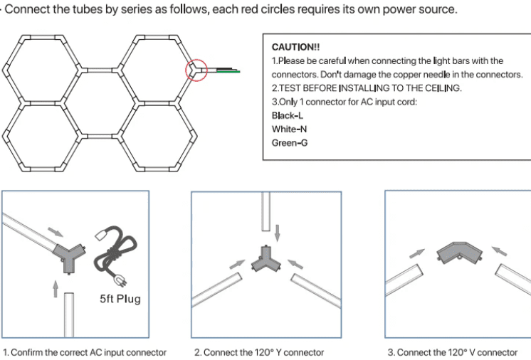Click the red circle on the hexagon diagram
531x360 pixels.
196,70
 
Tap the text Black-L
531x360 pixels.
288,116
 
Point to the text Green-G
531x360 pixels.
290,142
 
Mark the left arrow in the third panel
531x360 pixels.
419,253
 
